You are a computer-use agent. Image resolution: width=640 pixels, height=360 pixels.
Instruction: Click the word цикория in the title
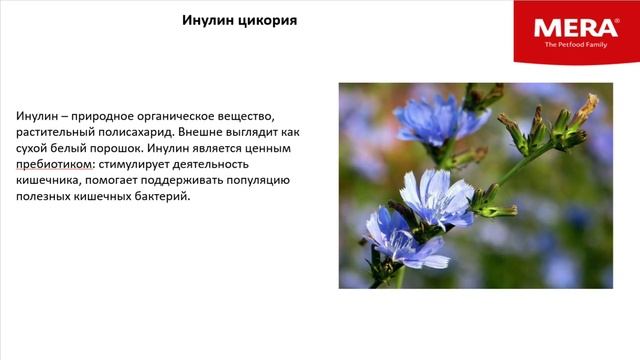269,20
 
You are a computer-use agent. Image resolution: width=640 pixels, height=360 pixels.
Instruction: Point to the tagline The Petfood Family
575,45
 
